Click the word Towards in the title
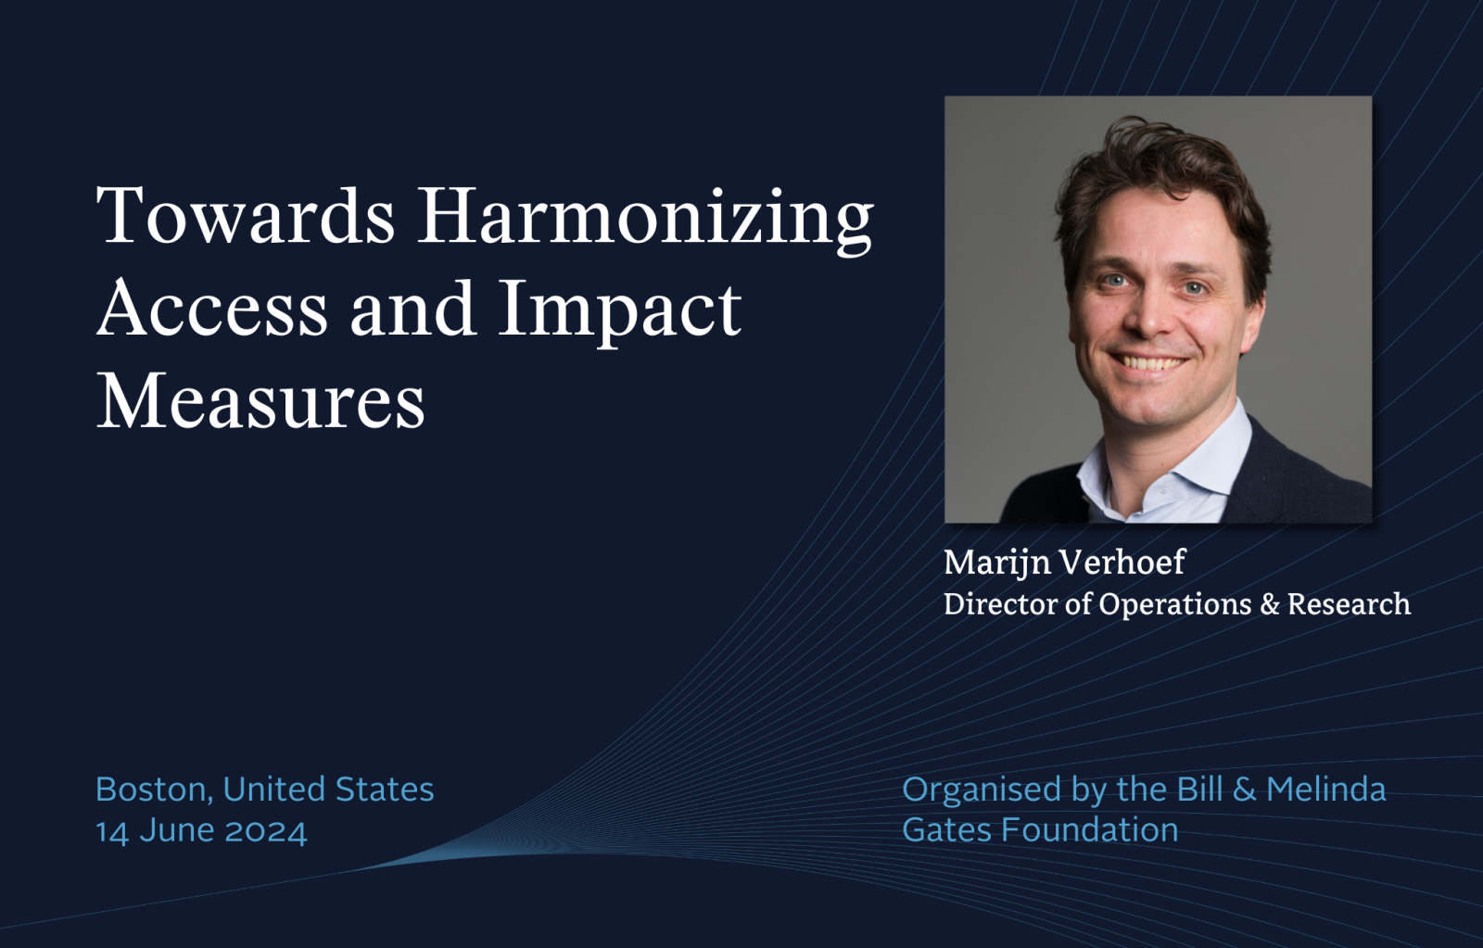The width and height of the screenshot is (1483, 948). pos(246,216)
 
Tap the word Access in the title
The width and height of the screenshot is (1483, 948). pos(212,309)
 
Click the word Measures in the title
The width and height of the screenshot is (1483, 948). pos(260,400)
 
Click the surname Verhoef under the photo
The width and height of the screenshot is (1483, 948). pos(1122,562)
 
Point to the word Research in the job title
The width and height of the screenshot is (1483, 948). pos(1349,604)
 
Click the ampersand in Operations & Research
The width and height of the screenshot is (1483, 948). pos(1269,604)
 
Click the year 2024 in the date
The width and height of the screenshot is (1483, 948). pos(266,831)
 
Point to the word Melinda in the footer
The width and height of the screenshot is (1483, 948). pos(1326,790)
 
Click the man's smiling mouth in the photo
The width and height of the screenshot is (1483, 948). pos(1148,362)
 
